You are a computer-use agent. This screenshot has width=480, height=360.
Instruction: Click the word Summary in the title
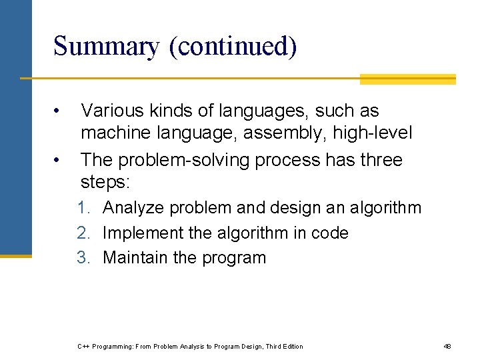tap(107, 47)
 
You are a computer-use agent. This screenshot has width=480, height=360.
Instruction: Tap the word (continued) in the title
tap(233, 47)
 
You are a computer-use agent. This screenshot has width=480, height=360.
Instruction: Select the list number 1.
tap(83, 208)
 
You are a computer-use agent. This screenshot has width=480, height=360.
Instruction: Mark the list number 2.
tap(83, 233)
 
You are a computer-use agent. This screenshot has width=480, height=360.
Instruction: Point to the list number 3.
tap(83, 258)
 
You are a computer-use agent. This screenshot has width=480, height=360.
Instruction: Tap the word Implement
tap(140, 233)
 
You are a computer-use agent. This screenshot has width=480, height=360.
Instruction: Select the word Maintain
tap(135, 258)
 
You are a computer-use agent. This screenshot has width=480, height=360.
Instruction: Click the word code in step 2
tap(333, 233)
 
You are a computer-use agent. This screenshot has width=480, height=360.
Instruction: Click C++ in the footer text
tap(84, 346)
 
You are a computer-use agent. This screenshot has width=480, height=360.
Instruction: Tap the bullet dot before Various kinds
tap(59, 111)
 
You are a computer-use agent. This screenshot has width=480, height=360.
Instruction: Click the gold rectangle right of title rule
tap(407, 79)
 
